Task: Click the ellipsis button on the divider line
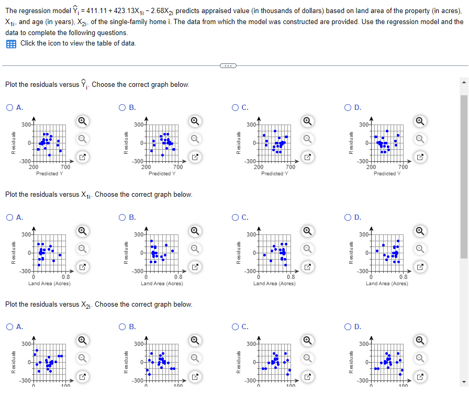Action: click(228, 65)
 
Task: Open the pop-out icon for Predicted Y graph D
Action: click(419, 156)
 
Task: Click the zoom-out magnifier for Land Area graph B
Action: click(194, 249)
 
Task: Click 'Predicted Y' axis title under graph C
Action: click(274, 173)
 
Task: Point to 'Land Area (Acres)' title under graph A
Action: click(49, 283)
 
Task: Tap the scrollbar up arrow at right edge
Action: click(464, 83)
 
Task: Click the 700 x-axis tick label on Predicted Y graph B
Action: click(177, 167)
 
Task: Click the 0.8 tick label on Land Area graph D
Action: click(403, 277)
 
